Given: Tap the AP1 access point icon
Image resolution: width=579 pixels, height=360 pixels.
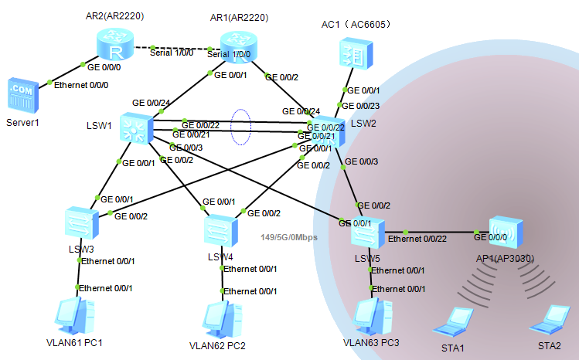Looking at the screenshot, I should (x=506, y=233).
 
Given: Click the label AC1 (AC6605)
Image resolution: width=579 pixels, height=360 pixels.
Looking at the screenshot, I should (x=356, y=24).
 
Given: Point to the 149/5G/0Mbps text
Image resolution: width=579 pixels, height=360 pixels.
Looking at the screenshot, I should (x=289, y=236).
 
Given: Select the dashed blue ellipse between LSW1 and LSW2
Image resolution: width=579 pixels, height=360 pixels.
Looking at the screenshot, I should (x=242, y=127).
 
